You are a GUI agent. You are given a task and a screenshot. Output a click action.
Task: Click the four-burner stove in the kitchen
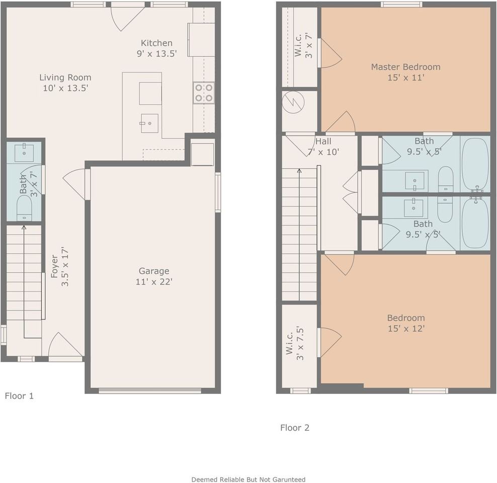(x=204, y=93)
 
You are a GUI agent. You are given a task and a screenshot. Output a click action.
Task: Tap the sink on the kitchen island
(x=149, y=123)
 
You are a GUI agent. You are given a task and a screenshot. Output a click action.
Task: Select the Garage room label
(x=154, y=271)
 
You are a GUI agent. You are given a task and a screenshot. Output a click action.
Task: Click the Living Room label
(x=65, y=77)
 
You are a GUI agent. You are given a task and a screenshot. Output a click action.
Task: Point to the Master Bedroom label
(x=406, y=67)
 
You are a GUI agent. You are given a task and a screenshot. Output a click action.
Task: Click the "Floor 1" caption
(x=19, y=396)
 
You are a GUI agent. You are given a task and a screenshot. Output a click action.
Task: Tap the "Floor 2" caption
(x=295, y=428)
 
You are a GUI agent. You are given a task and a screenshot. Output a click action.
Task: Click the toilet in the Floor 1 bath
(x=24, y=208)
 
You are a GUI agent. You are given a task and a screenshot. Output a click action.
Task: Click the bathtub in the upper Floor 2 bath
(x=475, y=164)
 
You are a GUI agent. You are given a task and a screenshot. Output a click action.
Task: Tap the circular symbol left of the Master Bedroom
(x=293, y=102)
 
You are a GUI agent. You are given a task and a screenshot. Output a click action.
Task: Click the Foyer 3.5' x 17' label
(x=59, y=267)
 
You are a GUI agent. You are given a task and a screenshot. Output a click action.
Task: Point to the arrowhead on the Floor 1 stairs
(x=24, y=227)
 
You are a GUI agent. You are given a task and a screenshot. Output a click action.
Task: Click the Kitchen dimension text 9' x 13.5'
(x=156, y=53)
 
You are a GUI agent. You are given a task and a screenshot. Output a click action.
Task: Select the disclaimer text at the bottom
(x=248, y=479)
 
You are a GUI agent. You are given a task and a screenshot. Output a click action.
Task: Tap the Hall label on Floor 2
(x=323, y=141)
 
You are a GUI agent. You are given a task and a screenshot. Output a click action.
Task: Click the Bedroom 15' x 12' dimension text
(x=406, y=329)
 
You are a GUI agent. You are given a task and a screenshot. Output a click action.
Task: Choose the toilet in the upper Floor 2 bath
(x=446, y=179)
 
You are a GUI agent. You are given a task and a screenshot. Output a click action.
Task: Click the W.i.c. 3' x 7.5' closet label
(x=295, y=343)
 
